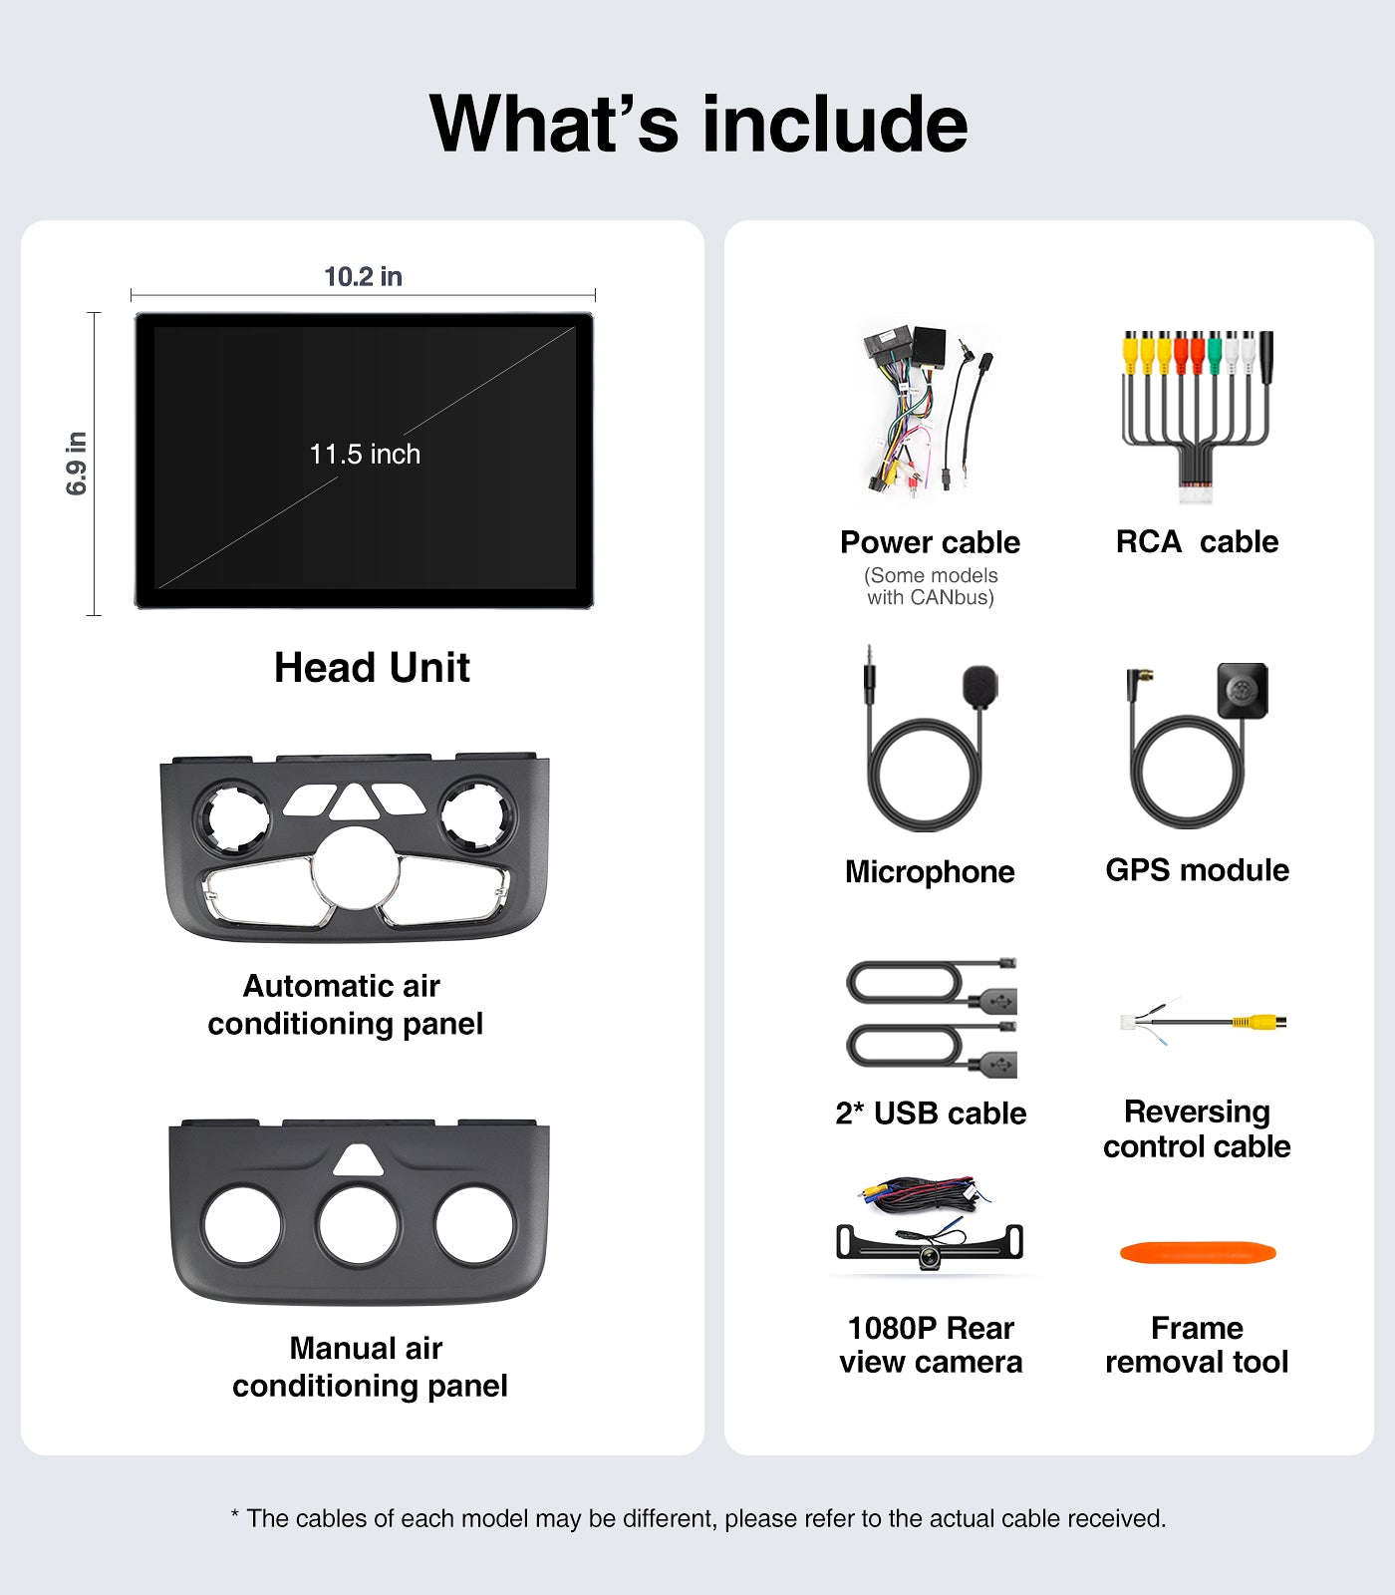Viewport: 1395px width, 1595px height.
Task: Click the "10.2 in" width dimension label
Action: pyautogui.click(x=363, y=276)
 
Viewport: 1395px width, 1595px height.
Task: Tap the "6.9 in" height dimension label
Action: pyautogui.click(x=77, y=464)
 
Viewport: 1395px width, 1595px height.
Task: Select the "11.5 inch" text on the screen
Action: pyautogui.click(x=365, y=455)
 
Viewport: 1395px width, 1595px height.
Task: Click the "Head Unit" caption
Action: pyautogui.click(x=372, y=667)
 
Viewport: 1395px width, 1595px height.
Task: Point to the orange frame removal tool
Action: pyautogui.click(x=1198, y=1253)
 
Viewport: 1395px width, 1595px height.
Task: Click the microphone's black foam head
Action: pyautogui.click(x=979, y=686)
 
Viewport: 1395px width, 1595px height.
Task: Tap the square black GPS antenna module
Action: pyautogui.click(x=1243, y=691)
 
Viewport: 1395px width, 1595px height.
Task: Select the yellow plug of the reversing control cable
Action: pyautogui.click(x=1257, y=1022)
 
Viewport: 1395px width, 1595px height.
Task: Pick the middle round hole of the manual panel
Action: pyautogui.click(x=359, y=1225)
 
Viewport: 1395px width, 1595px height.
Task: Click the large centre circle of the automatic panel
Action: pyautogui.click(x=355, y=867)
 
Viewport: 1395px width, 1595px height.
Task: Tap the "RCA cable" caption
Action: pyautogui.click(x=1197, y=541)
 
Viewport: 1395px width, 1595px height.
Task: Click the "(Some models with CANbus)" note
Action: pyautogui.click(x=931, y=586)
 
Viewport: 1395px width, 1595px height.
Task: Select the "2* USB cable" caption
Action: pyautogui.click(x=931, y=1113)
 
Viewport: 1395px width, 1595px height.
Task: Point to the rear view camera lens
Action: pyautogui.click(x=929, y=1258)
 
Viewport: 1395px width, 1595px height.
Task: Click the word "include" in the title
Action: pyautogui.click(x=835, y=124)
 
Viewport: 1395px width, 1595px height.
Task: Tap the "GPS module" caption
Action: pyautogui.click(x=1197, y=870)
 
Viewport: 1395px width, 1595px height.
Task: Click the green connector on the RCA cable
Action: pyautogui.click(x=1214, y=350)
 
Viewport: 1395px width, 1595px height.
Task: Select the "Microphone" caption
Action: pyautogui.click(x=930, y=872)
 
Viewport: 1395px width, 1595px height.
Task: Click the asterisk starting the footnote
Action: pyautogui.click(x=235, y=1515)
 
